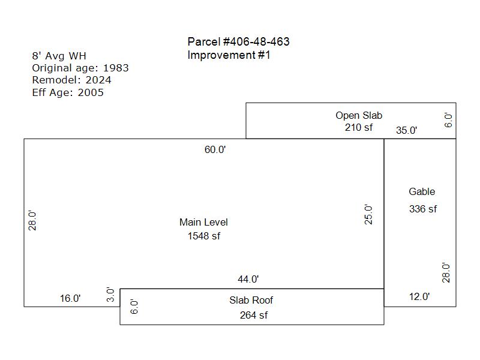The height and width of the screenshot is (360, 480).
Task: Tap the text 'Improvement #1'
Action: point(229,55)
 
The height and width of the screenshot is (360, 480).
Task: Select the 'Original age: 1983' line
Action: point(80,68)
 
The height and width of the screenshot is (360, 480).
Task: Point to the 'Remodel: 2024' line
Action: point(71,80)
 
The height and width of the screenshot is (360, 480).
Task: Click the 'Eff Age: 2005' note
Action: point(68,92)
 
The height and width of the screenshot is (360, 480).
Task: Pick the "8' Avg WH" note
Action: point(59,56)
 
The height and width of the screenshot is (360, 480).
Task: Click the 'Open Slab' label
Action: point(359,115)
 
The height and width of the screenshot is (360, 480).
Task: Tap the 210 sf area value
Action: point(359,127)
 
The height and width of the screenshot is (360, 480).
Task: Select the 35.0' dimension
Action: point(407,130)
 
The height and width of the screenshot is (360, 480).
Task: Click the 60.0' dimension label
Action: point(215,149)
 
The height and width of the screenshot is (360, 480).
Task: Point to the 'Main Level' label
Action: point(203,222)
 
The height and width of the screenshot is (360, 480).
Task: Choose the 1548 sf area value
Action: point(204,236)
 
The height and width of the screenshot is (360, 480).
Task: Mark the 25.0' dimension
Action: point(368,215)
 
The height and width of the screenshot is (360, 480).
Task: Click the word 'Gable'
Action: point(422,191)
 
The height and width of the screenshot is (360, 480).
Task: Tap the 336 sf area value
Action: point(423,209)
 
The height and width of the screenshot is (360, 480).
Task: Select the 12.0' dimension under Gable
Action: point(419,296)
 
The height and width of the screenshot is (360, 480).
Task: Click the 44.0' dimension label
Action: point(248,279)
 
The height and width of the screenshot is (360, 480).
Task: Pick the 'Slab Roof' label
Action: point(251,301)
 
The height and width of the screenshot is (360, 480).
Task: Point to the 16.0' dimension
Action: point(70,298)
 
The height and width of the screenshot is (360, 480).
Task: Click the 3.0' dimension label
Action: point(110,295)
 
